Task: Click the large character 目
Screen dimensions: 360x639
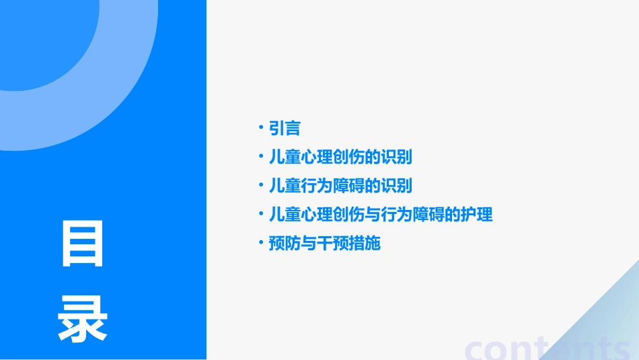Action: click(83, 244)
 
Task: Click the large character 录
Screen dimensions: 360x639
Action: click(83, 319)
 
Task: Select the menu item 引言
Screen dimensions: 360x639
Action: click(284, 128)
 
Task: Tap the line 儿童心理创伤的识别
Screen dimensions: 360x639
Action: click(340, 157)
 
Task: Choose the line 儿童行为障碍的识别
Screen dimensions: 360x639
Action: click(340, 186)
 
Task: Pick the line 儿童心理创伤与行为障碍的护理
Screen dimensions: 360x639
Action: click(380, 215)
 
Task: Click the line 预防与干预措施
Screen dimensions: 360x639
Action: click(324, 243)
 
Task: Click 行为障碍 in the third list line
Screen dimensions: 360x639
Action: click(332, 186)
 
